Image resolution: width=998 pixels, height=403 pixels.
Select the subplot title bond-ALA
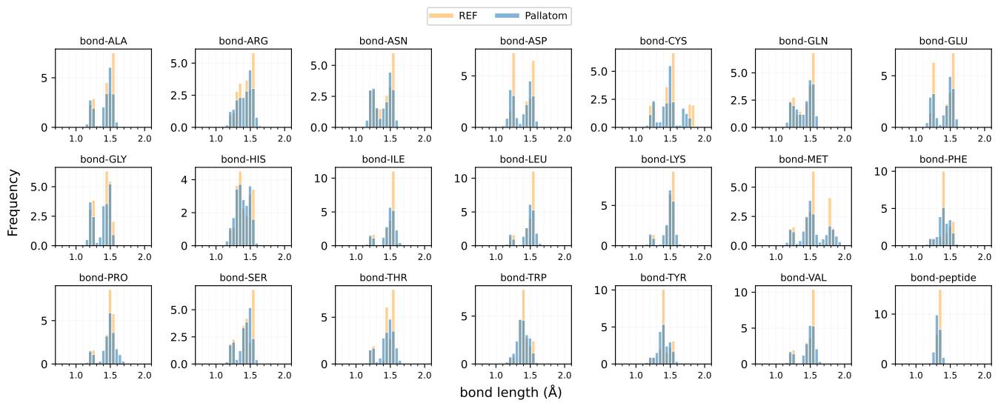[103, 41]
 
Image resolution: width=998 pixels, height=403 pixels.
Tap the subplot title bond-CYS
[663, 41]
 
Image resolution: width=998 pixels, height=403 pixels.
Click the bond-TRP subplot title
[523, 278]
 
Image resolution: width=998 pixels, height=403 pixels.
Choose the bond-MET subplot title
[803, 159]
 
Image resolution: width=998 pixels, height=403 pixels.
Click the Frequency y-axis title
[13, 202]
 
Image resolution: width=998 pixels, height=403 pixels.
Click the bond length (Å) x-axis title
[510, 392]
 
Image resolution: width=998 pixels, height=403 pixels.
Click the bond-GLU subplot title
[943, 41]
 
